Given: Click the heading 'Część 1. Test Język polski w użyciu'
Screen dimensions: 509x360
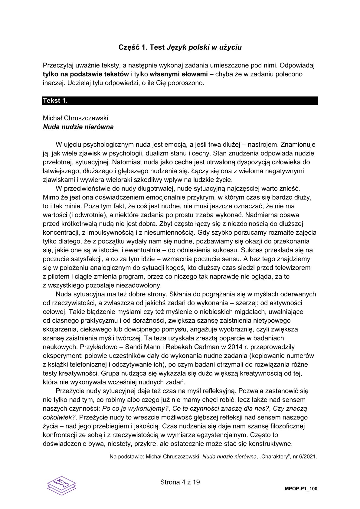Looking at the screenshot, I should click(180, 47).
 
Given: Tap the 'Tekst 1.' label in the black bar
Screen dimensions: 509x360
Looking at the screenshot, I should click(55, 101).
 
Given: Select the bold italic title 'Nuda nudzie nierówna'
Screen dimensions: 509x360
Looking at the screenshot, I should click(78, 127).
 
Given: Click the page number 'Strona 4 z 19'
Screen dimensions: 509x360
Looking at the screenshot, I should click(180, 482).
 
